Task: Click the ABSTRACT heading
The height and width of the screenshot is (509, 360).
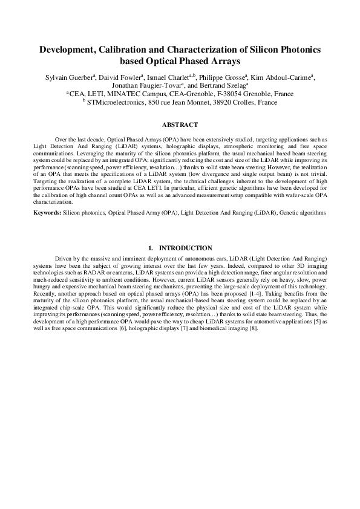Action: click(180, 125)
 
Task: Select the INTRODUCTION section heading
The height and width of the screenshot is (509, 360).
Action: click(185, 248)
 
